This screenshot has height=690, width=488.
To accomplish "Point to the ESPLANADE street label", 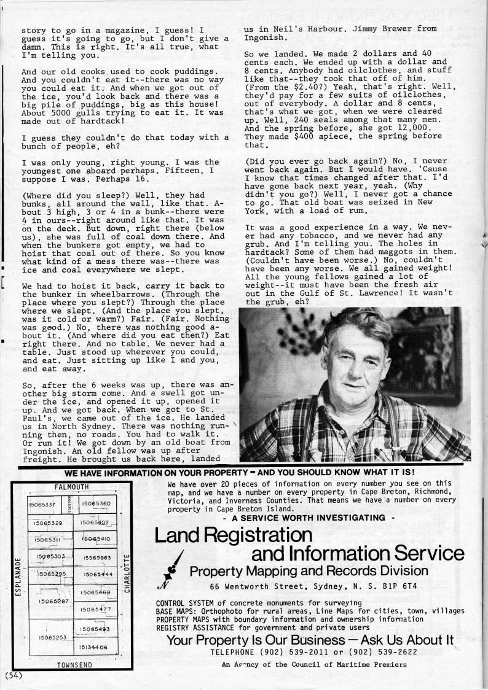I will point(18,576).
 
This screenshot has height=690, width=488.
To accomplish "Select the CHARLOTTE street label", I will point(127,573).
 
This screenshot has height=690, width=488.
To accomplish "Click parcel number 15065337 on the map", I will point(42,505).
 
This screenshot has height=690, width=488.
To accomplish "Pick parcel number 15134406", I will point(93,647).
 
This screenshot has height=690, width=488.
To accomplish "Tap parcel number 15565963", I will point(96,557).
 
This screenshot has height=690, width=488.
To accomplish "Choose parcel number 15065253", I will point(52,638).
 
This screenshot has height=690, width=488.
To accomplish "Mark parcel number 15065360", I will point(96,504).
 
